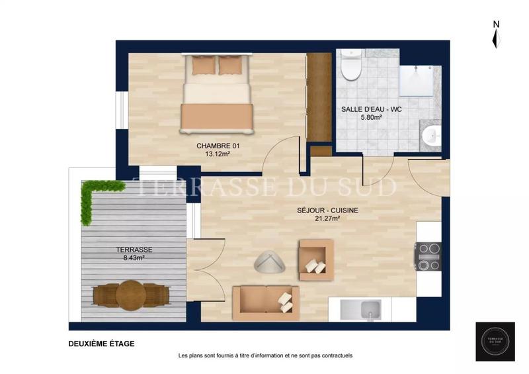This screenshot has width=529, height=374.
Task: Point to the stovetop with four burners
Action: pyautogui.click(x=428, y=256)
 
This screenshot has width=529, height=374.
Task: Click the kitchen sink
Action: pyautogui.click(x=361, y=309)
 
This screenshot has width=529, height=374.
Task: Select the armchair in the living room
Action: pyautogui.click(x=316, y=259)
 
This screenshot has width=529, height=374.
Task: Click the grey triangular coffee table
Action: pyautogui.click(x=269, y=263)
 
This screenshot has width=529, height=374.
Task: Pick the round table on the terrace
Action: pyautogui.click(x=131, y=294)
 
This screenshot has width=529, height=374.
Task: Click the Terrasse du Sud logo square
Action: pyautogui.click(x=495, y=342)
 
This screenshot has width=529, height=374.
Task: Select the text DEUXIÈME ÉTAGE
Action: pyautogui.click(x=101, y=344)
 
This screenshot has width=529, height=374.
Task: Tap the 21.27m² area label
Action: pyautogui.click(x=327, y=218)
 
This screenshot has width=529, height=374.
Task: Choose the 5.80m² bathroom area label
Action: pyautogui.click(x=372, y=117)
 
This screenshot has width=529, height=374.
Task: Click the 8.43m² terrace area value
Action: pyautogui.click(x=134, y=257)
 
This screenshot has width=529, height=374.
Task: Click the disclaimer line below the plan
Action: pyautogui.click(x=265, y=355)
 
